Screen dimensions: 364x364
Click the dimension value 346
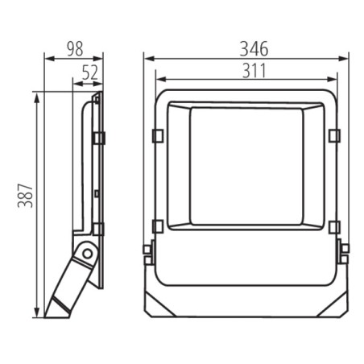coord(246,48)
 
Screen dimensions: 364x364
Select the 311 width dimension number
coord(246,69)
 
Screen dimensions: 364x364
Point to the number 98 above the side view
coord(74,48)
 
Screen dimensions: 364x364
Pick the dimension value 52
coord(89,72)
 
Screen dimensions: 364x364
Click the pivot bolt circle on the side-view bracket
coord(86,255)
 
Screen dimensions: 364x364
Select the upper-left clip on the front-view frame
coord(158,134)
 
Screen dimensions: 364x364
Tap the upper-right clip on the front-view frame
coord(334,134)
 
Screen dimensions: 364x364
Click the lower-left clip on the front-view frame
coord(158,226)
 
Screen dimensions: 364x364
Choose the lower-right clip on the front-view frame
coord(334,226)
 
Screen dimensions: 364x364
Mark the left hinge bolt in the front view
coord(147,254)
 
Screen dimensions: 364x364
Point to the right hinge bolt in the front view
coord(344,254)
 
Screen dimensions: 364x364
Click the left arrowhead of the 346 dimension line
coord(147,58)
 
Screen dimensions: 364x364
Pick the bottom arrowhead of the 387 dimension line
coord(36,313)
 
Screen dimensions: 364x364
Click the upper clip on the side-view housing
coord(99,138)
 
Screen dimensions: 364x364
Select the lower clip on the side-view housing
coord(99,229)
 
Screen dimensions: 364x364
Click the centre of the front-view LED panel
coord(246,166)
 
